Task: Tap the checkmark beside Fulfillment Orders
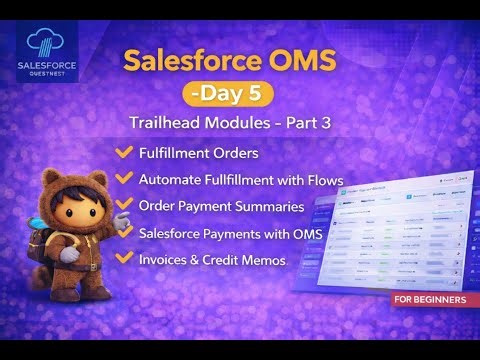pyautogui.click(x=125, y=152)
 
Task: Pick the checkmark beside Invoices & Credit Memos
pyautogui.click(x=125, y=258)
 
